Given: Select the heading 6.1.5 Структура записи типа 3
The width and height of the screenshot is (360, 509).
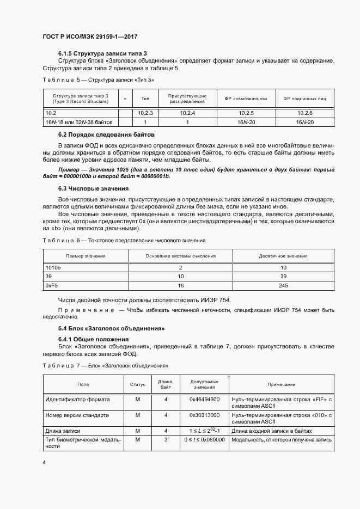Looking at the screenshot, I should click(x=103, y=53).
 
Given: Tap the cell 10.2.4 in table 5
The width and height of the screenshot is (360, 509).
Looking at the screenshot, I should click(x=187, y=113).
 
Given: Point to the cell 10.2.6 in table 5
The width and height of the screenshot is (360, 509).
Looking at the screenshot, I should click(x=304, y=113).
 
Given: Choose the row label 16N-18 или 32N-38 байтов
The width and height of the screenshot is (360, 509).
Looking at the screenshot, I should click(x=79, y=122).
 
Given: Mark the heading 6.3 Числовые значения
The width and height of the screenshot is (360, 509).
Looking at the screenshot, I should click(x=93, y=188).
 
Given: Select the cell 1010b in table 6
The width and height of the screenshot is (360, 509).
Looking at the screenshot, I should click(x=53, y=268).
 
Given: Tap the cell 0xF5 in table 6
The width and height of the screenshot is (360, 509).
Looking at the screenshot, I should click(x=52, y=285).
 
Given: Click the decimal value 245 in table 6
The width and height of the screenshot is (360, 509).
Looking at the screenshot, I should click(x=283, y=285).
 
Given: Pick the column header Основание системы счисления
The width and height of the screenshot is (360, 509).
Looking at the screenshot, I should click(x=180, y=256).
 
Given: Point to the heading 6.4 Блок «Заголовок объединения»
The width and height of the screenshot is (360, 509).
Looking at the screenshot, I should click(x=111, y=328).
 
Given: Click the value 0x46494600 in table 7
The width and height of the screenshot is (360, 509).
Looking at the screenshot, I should click(x=204, y=400).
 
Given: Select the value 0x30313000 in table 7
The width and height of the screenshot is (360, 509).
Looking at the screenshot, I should click(x=204, y=415).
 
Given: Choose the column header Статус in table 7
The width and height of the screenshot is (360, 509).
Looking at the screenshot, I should click(x=138, y=384).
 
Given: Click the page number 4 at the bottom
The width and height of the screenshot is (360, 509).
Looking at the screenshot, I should click(x=44, y=462).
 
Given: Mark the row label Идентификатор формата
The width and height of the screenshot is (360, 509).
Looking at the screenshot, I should click(x=77, y=400).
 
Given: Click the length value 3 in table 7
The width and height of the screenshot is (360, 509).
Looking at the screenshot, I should click(x=166, y=439).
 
